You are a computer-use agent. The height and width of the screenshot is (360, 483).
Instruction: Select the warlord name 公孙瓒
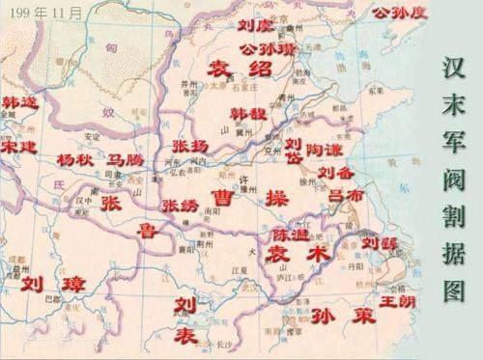pyautogui.click(x=258, y=47)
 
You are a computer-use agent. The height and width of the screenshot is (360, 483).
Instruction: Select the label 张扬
pyautogui.click(x=189, y=145)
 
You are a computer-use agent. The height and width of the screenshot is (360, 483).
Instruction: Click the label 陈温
pyautogui.click(x=289, y=234)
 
